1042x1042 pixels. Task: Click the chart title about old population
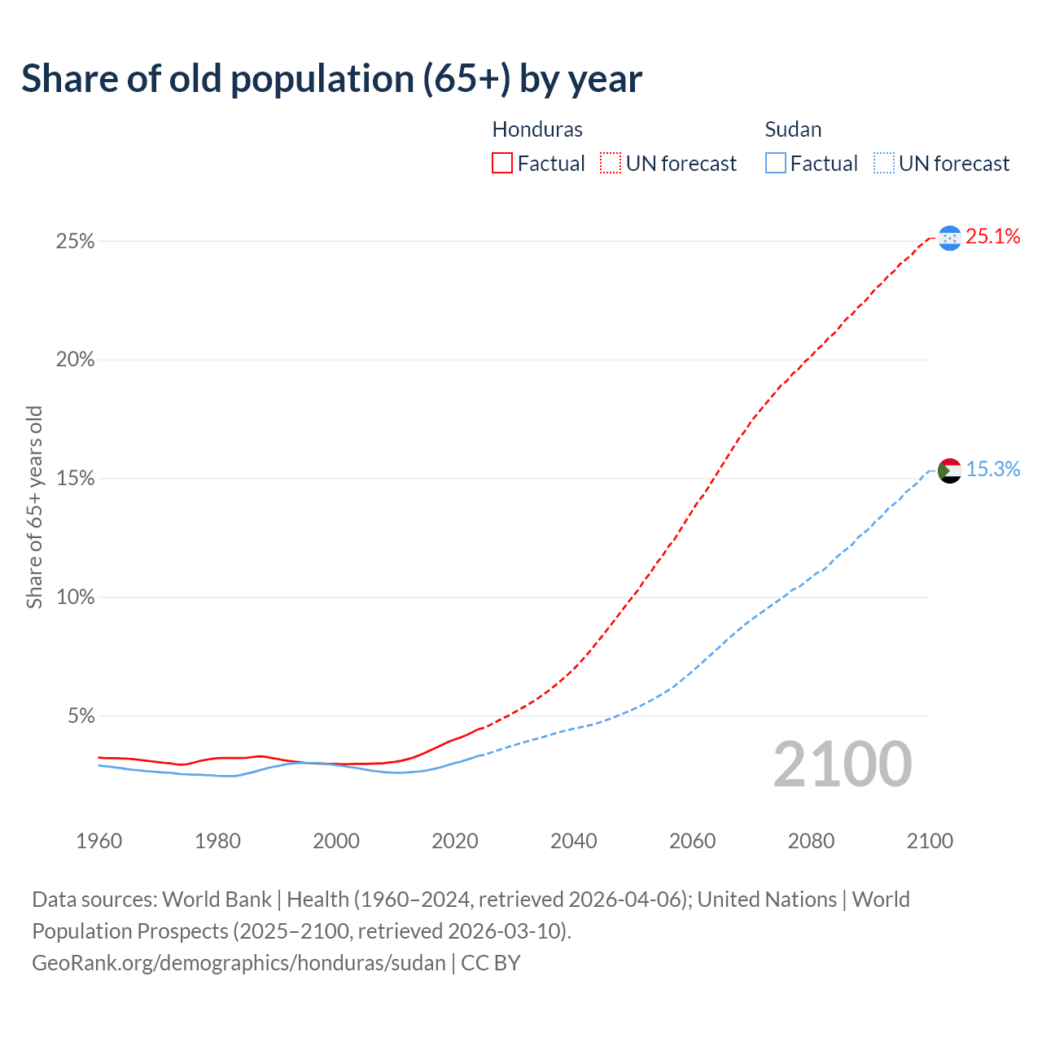coord(331,79)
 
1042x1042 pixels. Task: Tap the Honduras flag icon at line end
coord(949,238)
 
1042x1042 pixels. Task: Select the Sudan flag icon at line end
coord(949,471)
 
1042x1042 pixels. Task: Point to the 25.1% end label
coord(992,237)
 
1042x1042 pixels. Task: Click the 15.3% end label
coord(992,470)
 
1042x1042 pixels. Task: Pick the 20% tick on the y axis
coord(75,360)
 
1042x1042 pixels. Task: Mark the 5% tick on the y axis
coord(80,716)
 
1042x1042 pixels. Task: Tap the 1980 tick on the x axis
coord(217,841)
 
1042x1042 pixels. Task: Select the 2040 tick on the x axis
coord(574,841)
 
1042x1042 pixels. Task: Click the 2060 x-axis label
coord(692,841)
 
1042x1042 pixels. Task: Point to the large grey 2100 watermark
coord(843,764)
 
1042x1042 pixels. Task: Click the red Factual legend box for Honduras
coord(502,164)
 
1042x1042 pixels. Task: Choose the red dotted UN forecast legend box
coord(611,164)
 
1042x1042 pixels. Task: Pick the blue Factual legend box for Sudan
coord(776,164)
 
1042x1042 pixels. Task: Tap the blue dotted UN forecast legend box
coord(884,164)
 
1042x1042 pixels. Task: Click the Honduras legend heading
coord(537,129)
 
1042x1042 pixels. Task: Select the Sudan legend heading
coord(793,129)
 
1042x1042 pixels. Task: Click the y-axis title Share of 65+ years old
coord(34,506)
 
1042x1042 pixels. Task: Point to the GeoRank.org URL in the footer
coord(239,963)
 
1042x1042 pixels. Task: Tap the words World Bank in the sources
coord(217,900)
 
